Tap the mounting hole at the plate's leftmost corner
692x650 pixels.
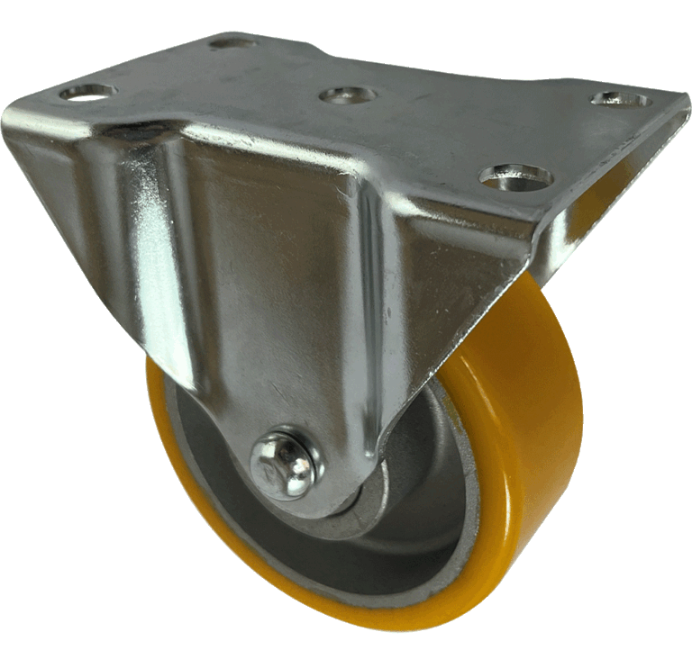tap(87, 92)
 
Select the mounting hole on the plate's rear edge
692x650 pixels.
tap(232, 41)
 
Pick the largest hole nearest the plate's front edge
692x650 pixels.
tap(516, 176)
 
